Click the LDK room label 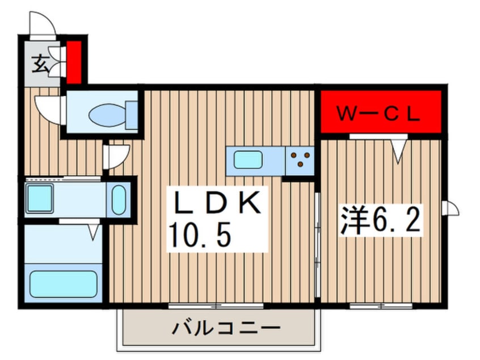216,202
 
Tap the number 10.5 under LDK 200,233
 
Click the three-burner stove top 299,160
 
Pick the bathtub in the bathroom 63,283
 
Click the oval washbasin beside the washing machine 119,199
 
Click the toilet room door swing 48,106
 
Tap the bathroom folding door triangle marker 94,231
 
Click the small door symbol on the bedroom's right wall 452,208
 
